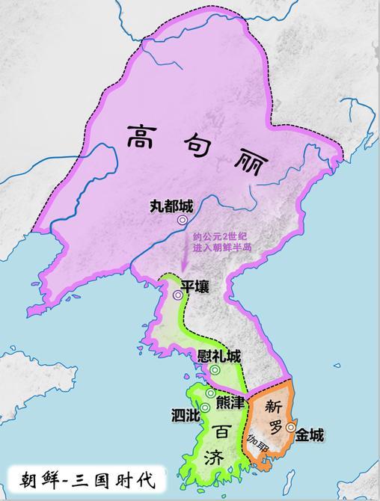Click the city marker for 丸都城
pos(182,221)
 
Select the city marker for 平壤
pos(177,295)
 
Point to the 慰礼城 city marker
pos(215,370)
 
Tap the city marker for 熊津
pos(211,393)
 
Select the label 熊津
pos(229,402)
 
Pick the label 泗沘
pos(184,414)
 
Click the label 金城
pos(310,434)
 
